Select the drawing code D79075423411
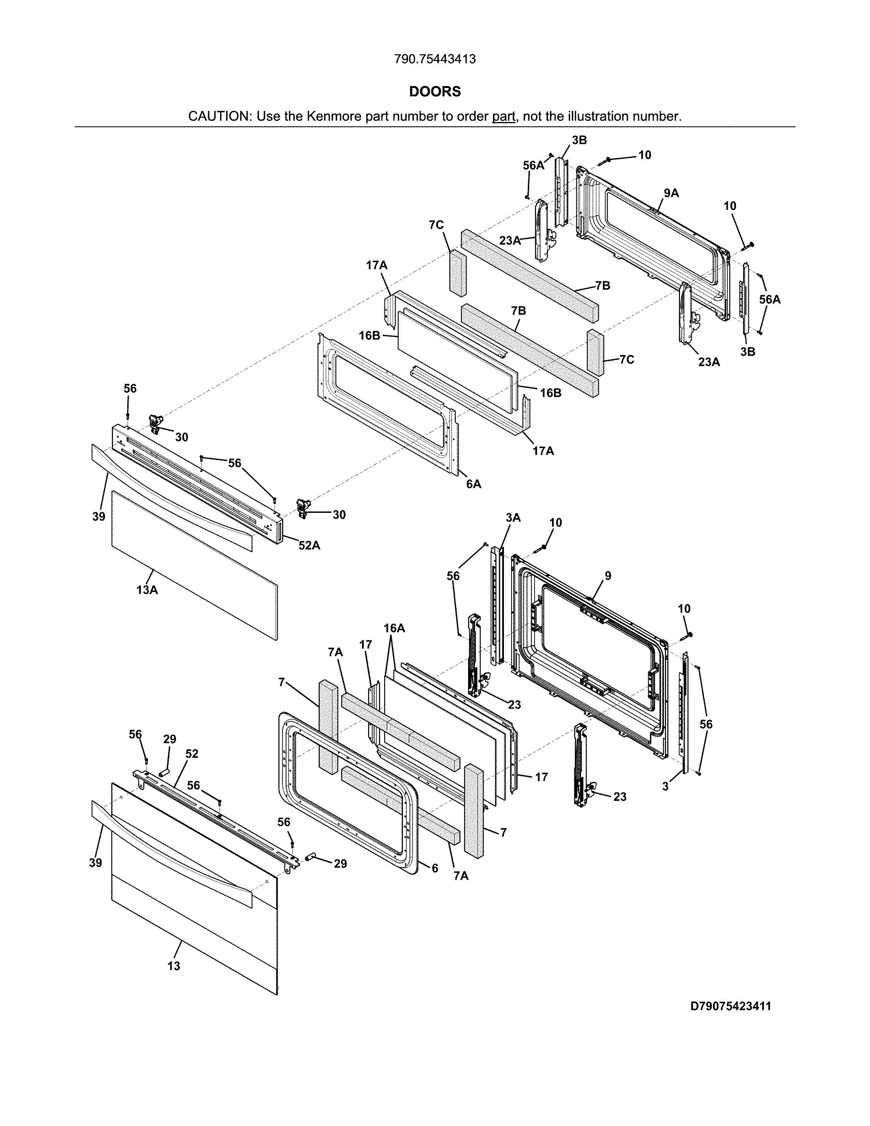pos(731,1006)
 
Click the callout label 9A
pos(671,193)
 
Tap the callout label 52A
pos(309,545)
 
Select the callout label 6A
pos(473,484)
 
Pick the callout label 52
pos(192,754)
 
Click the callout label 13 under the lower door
pos(174,966)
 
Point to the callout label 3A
pos(513,518)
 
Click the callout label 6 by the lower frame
pos(434,868)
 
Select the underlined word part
pos(504,116)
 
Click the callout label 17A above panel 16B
pos(377,265)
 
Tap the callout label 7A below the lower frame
pos(461,876)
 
